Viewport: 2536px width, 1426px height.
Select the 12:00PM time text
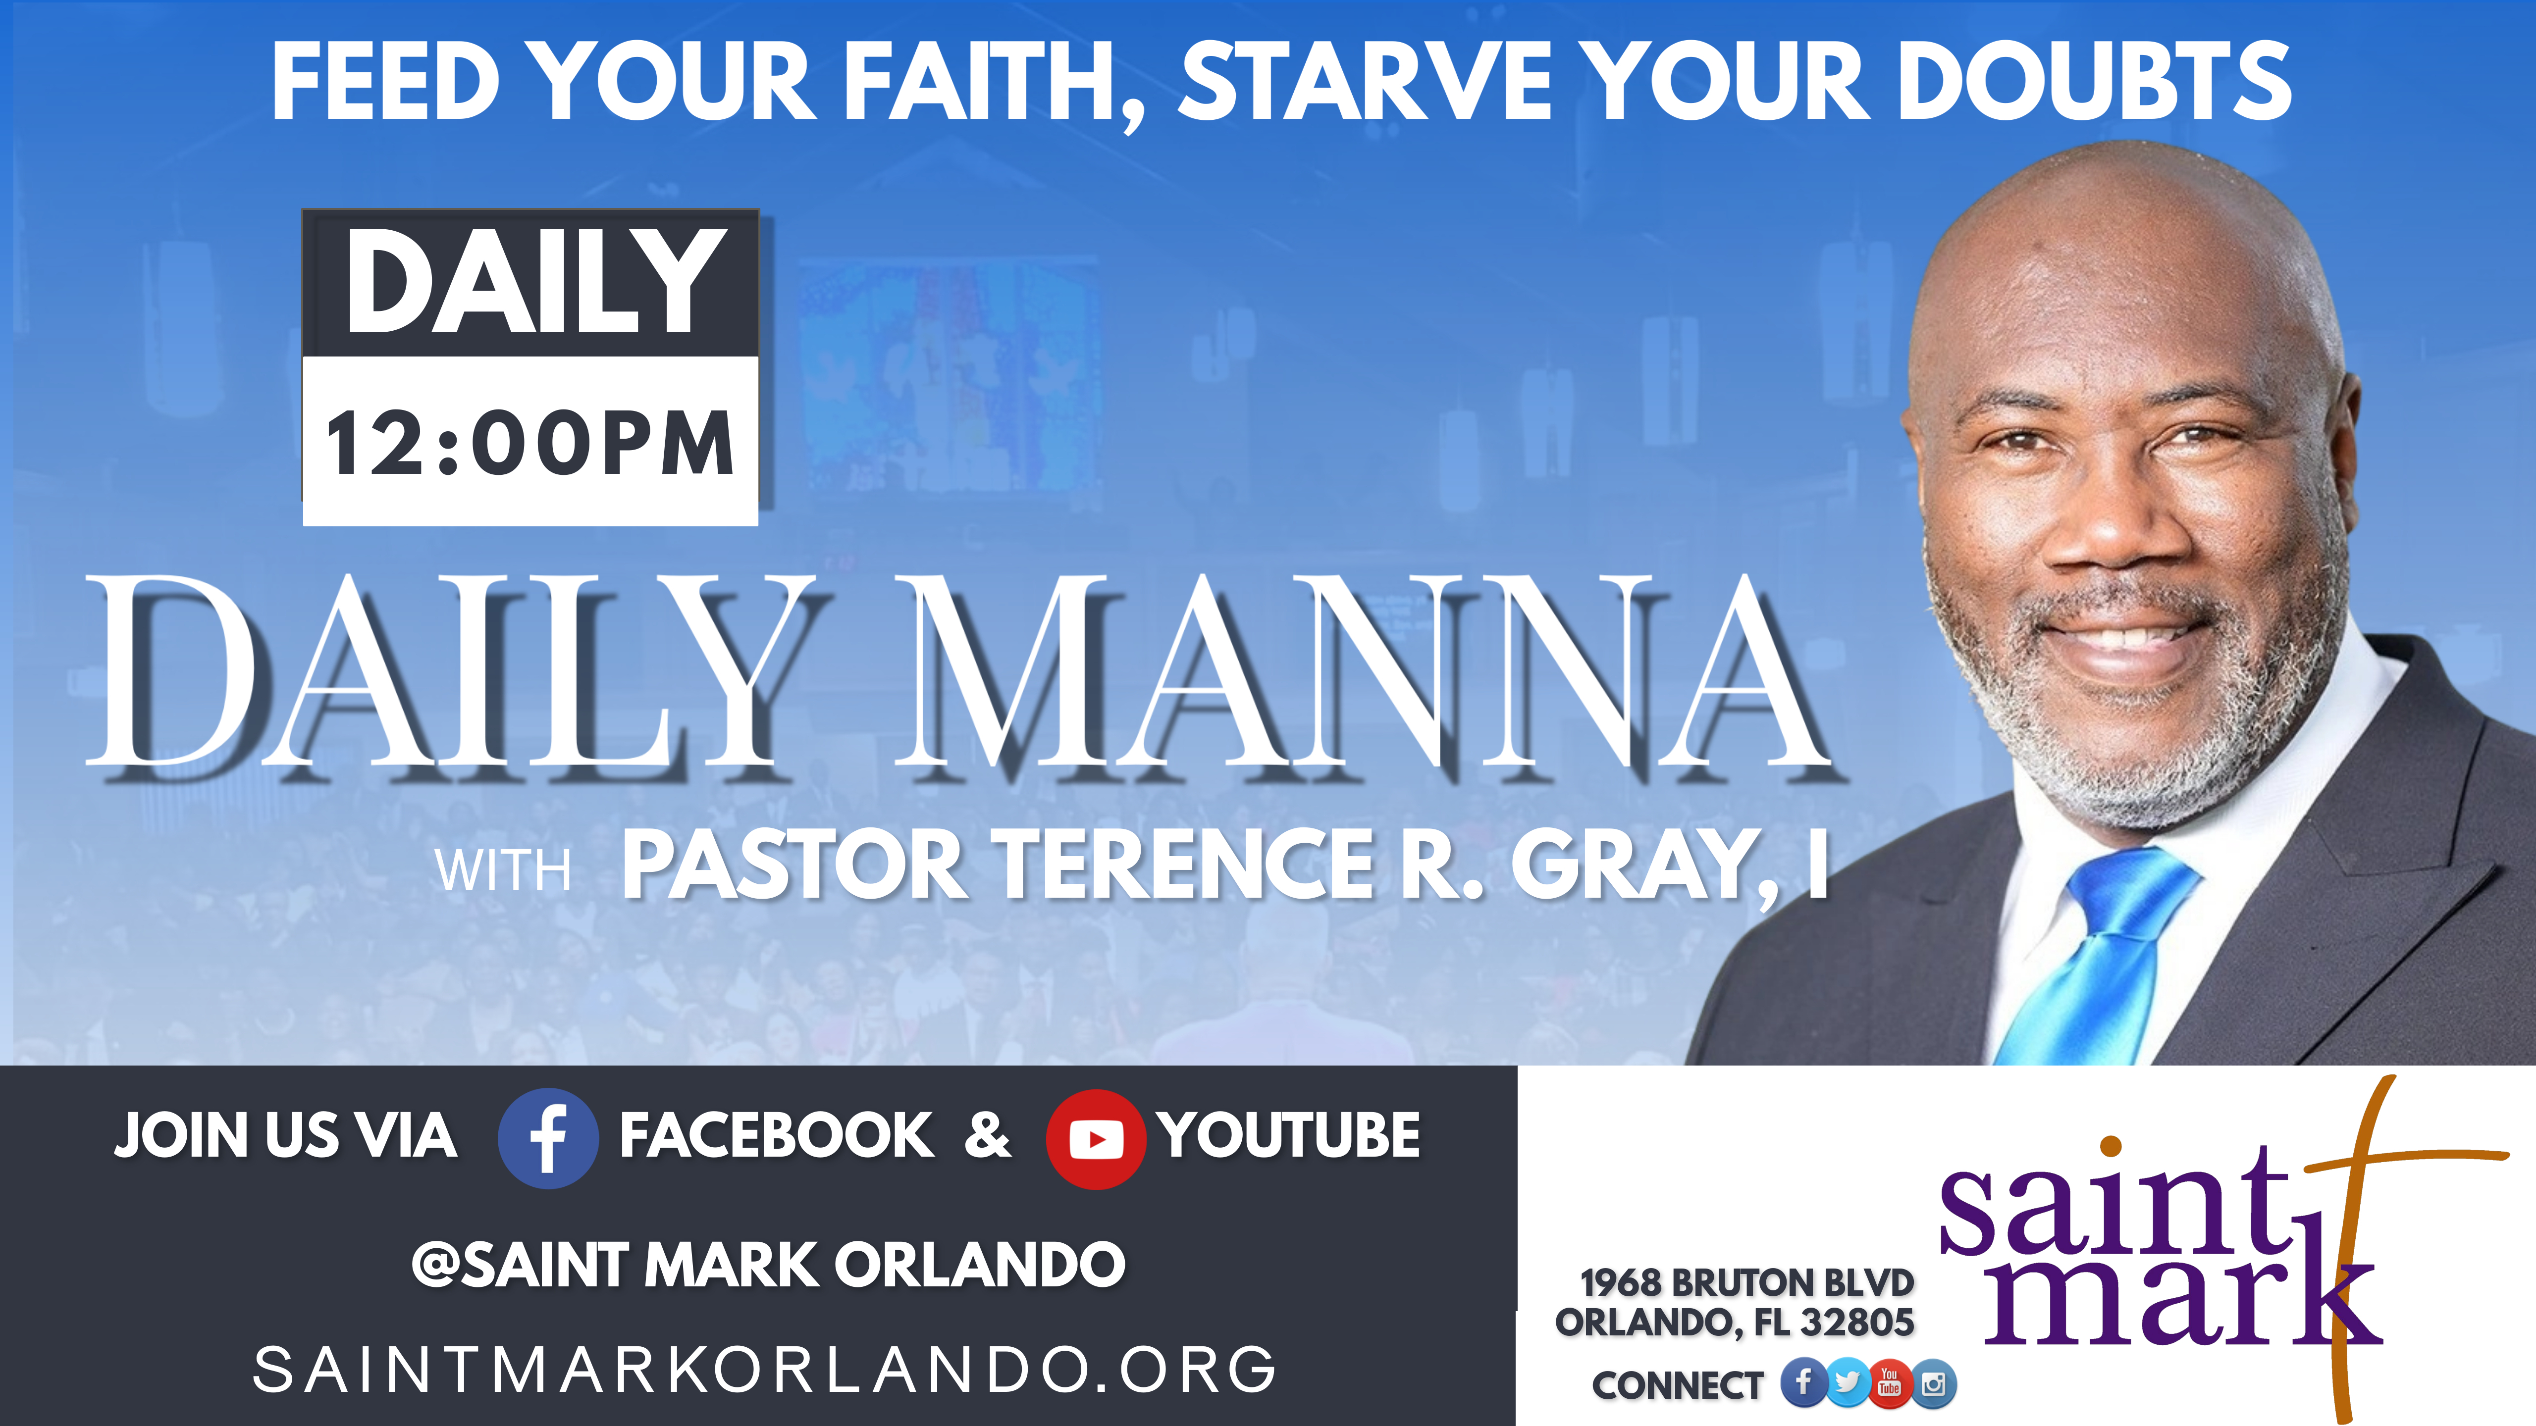pyautogui.click(x=529, y=443)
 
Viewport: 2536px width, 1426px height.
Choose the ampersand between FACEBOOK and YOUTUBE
pyautogui.click(x=988, y=1135)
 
